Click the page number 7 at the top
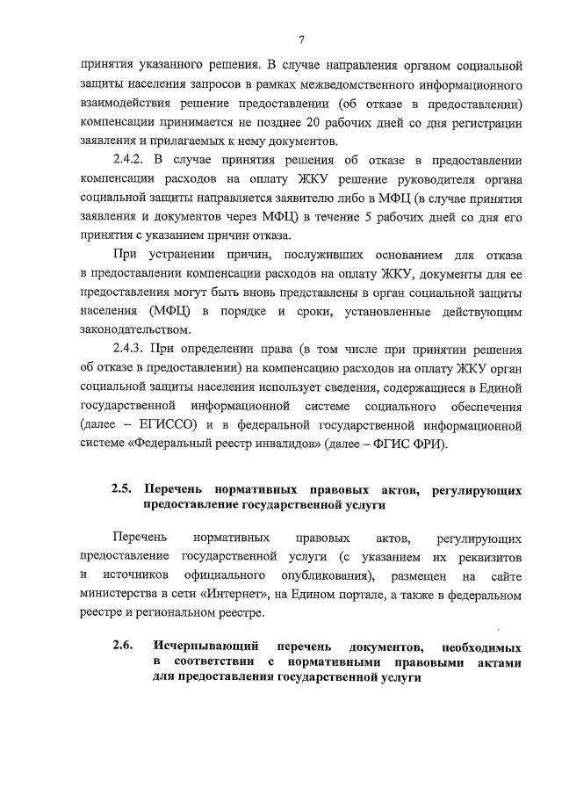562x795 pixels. click(301, 39)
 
